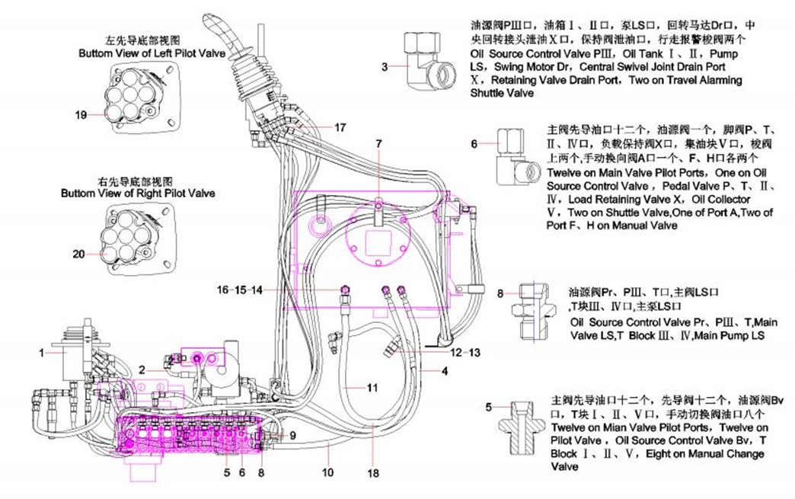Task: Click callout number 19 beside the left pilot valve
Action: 81,115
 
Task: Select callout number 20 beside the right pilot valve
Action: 79,254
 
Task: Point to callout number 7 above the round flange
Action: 378,143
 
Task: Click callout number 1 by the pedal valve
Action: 43,352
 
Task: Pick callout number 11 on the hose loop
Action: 372,387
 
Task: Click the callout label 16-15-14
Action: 239,289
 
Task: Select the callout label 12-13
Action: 466,353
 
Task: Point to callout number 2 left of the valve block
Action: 142,370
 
